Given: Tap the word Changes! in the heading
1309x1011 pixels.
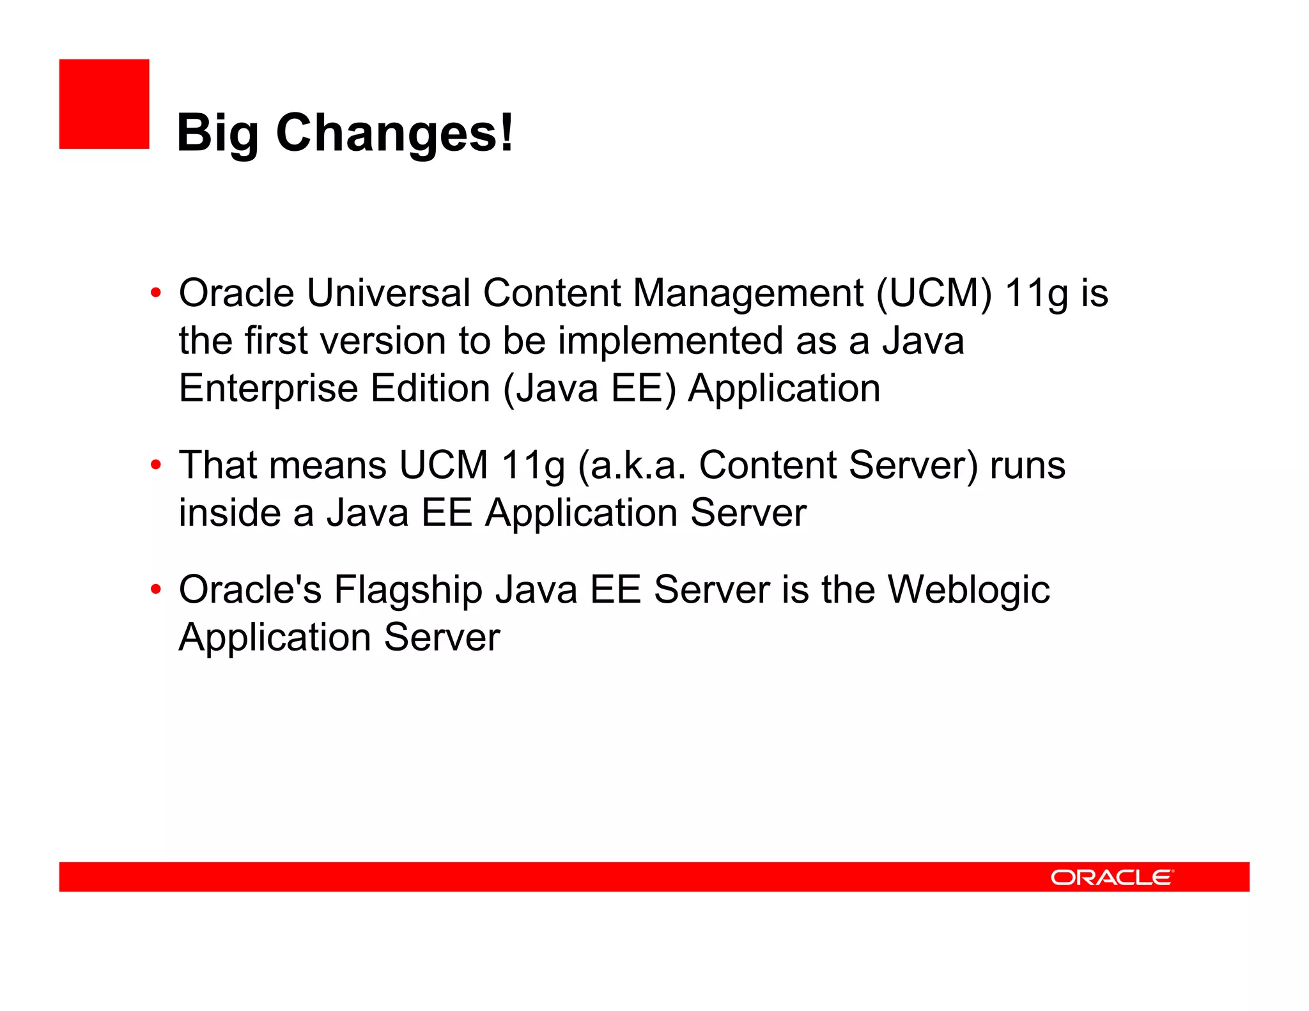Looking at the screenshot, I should tap(394, 133).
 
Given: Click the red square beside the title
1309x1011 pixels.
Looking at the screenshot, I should tap(104, 104).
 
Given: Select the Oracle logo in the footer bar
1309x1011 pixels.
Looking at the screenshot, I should tap(1111, 877).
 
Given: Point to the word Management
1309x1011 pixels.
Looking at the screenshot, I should tap(748, 293).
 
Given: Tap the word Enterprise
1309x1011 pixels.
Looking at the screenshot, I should tap(268, 389).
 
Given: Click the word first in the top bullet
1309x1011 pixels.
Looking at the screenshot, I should tap(276, 340).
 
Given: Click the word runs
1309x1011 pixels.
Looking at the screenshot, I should tap(1027, 465).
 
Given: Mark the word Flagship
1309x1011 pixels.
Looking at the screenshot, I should tap(408, 590).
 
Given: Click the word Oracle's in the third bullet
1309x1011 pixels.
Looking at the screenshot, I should tap(250, 589).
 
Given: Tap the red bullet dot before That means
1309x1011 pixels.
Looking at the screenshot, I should tap(156, 465).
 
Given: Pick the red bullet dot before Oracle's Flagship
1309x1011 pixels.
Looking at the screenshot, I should tap(156, 589).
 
